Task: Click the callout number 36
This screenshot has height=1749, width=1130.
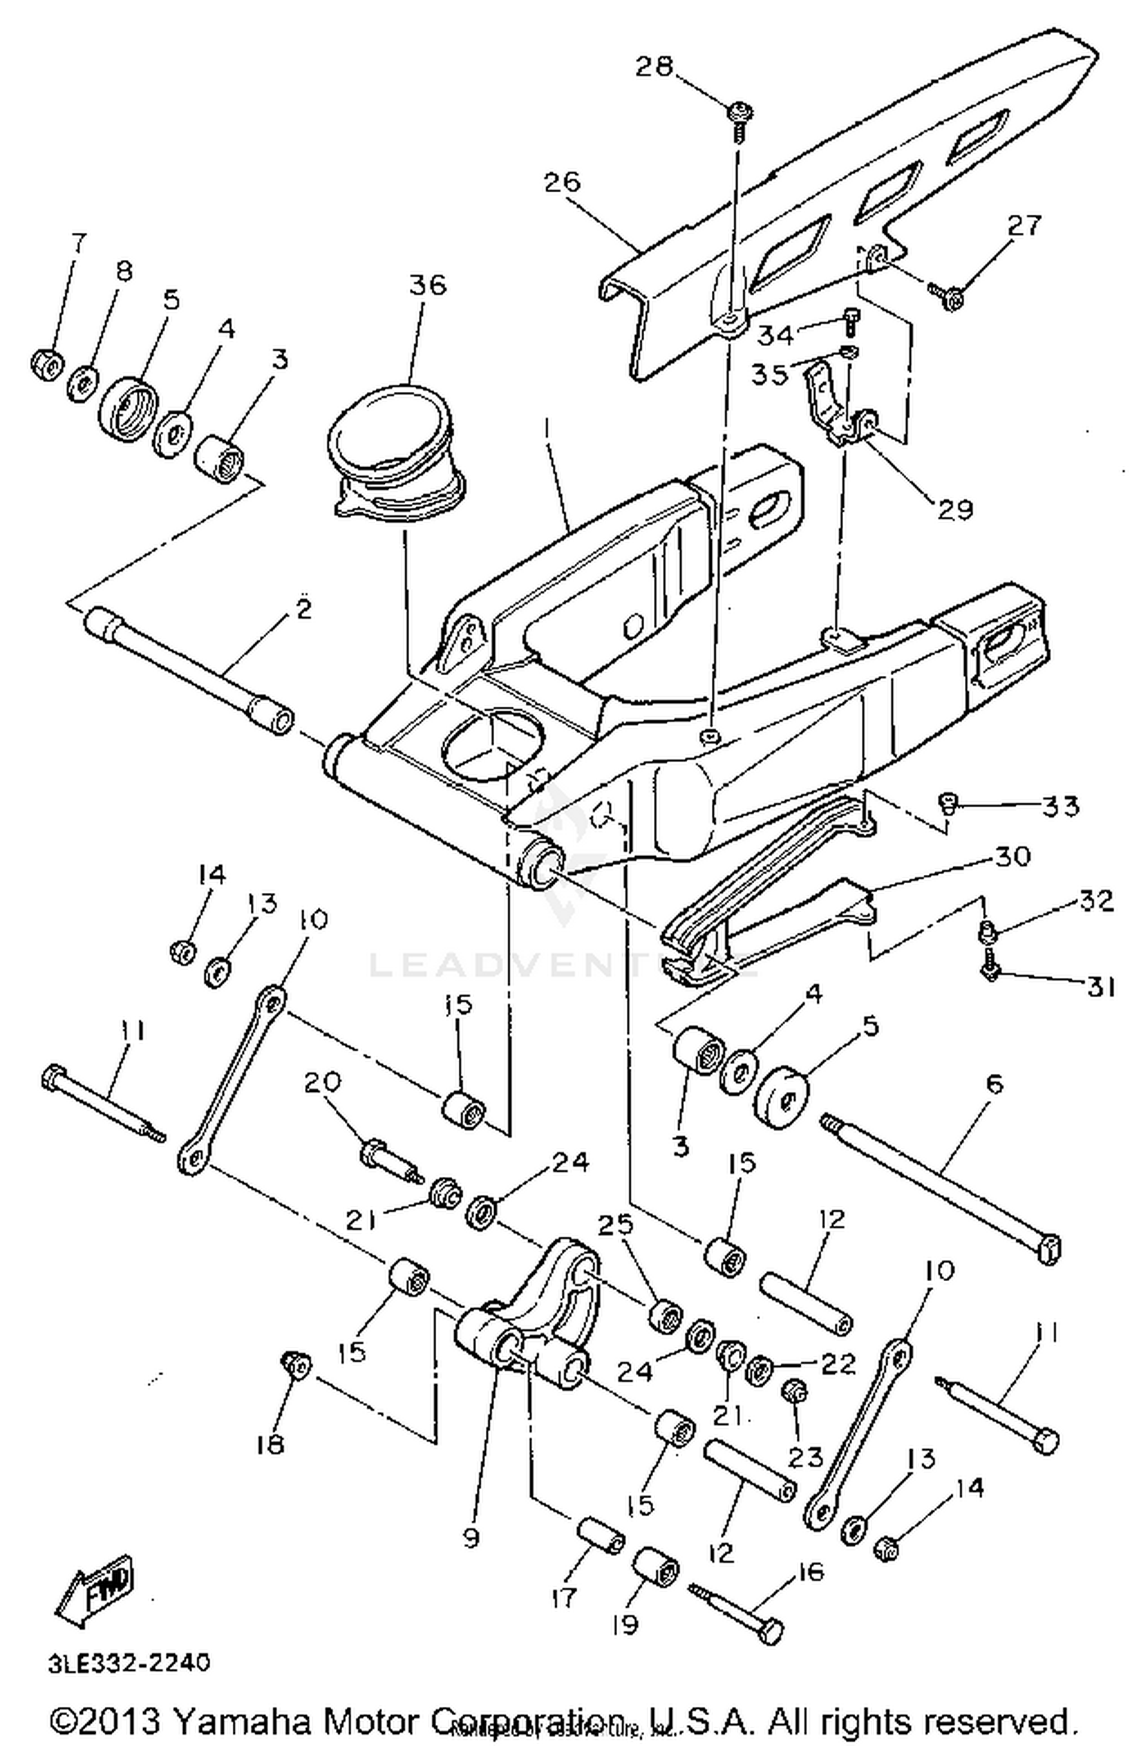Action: pyautogui.click(x=427, y=285)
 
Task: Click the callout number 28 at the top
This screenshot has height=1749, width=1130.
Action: pyautogui.click(x=653, y=66)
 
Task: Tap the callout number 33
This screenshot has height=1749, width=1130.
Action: pyautogui.click(x=1061, y=806)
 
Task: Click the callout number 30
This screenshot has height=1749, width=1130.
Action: pyautogui.click(x=1012, y=856)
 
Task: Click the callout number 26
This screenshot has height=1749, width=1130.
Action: pyautogui.click(x=563, y=182)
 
